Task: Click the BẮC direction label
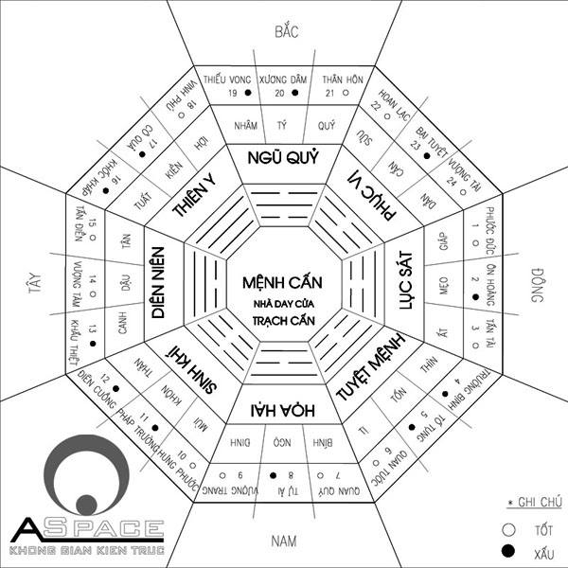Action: pos(286,31)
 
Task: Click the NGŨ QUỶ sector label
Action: pos(283,156)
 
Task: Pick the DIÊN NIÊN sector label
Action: pos(160,284)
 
